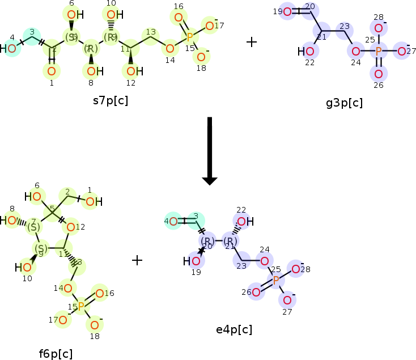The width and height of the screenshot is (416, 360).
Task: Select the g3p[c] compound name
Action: click(344, 103)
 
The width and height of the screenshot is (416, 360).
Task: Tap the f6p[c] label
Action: click(56, 354)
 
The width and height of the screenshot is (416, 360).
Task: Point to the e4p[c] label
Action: click(234, 329)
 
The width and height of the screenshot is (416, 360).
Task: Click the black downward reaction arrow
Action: click(210, 150)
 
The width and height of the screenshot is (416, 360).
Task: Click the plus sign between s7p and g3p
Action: click(252, 42)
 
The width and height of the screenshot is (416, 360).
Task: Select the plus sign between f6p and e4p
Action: click(137, 260)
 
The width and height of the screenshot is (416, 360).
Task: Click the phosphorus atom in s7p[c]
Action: click(189, 37)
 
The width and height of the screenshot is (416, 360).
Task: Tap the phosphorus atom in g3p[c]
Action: click(379, 52)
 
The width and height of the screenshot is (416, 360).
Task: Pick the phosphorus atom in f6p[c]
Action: click(81, 306)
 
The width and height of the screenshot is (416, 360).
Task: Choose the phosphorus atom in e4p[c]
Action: click(276, 280)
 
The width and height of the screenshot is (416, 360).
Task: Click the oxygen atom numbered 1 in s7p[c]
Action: click(51, 71)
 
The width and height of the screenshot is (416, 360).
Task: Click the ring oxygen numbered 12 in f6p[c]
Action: click(71, 227)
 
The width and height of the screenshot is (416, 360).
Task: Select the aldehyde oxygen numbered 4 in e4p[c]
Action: click(174, 221)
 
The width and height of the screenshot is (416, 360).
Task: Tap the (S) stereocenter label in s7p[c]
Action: click(71, 37)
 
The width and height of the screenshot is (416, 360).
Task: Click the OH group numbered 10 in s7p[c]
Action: click(112, 15)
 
